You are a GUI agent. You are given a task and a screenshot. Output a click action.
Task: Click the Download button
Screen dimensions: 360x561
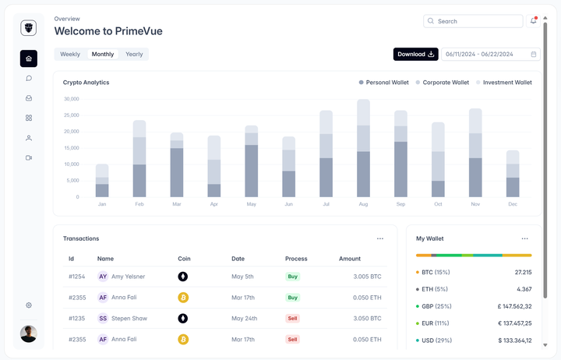415,54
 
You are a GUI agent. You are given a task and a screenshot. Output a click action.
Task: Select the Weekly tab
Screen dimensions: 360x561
70,54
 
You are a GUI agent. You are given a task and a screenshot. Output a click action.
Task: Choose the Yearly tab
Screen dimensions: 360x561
134,54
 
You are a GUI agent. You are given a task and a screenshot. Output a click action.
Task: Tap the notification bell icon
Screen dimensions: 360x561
534,21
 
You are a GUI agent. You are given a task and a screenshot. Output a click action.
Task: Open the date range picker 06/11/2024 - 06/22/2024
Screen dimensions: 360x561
490,54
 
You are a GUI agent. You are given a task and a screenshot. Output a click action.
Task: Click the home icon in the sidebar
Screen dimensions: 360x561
29,58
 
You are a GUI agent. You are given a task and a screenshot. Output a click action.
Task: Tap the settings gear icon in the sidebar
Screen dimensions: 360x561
29,305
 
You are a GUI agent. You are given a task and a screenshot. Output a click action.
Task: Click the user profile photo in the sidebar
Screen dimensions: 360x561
29,334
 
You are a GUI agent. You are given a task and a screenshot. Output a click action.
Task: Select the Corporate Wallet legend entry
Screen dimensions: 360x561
445,82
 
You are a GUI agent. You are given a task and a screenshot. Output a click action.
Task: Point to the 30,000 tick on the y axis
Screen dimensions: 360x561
72,99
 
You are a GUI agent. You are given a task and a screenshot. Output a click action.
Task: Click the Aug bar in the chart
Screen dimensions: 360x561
363,148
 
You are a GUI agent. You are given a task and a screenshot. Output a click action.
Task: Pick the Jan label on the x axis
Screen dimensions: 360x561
102,204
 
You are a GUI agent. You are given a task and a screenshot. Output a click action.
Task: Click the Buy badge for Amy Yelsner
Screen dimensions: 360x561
293,276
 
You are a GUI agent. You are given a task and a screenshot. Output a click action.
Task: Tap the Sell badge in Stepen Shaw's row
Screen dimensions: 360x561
293,318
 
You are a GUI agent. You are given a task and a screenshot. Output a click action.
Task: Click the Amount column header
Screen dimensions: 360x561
350,258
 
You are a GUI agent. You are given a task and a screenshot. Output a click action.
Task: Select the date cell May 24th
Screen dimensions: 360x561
245,318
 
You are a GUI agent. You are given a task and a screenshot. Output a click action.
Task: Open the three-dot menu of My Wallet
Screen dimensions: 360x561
524,238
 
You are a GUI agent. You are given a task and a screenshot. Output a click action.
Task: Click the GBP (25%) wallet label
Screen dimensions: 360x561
436,306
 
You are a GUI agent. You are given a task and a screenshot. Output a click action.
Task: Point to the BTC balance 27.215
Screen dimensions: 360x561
523,272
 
